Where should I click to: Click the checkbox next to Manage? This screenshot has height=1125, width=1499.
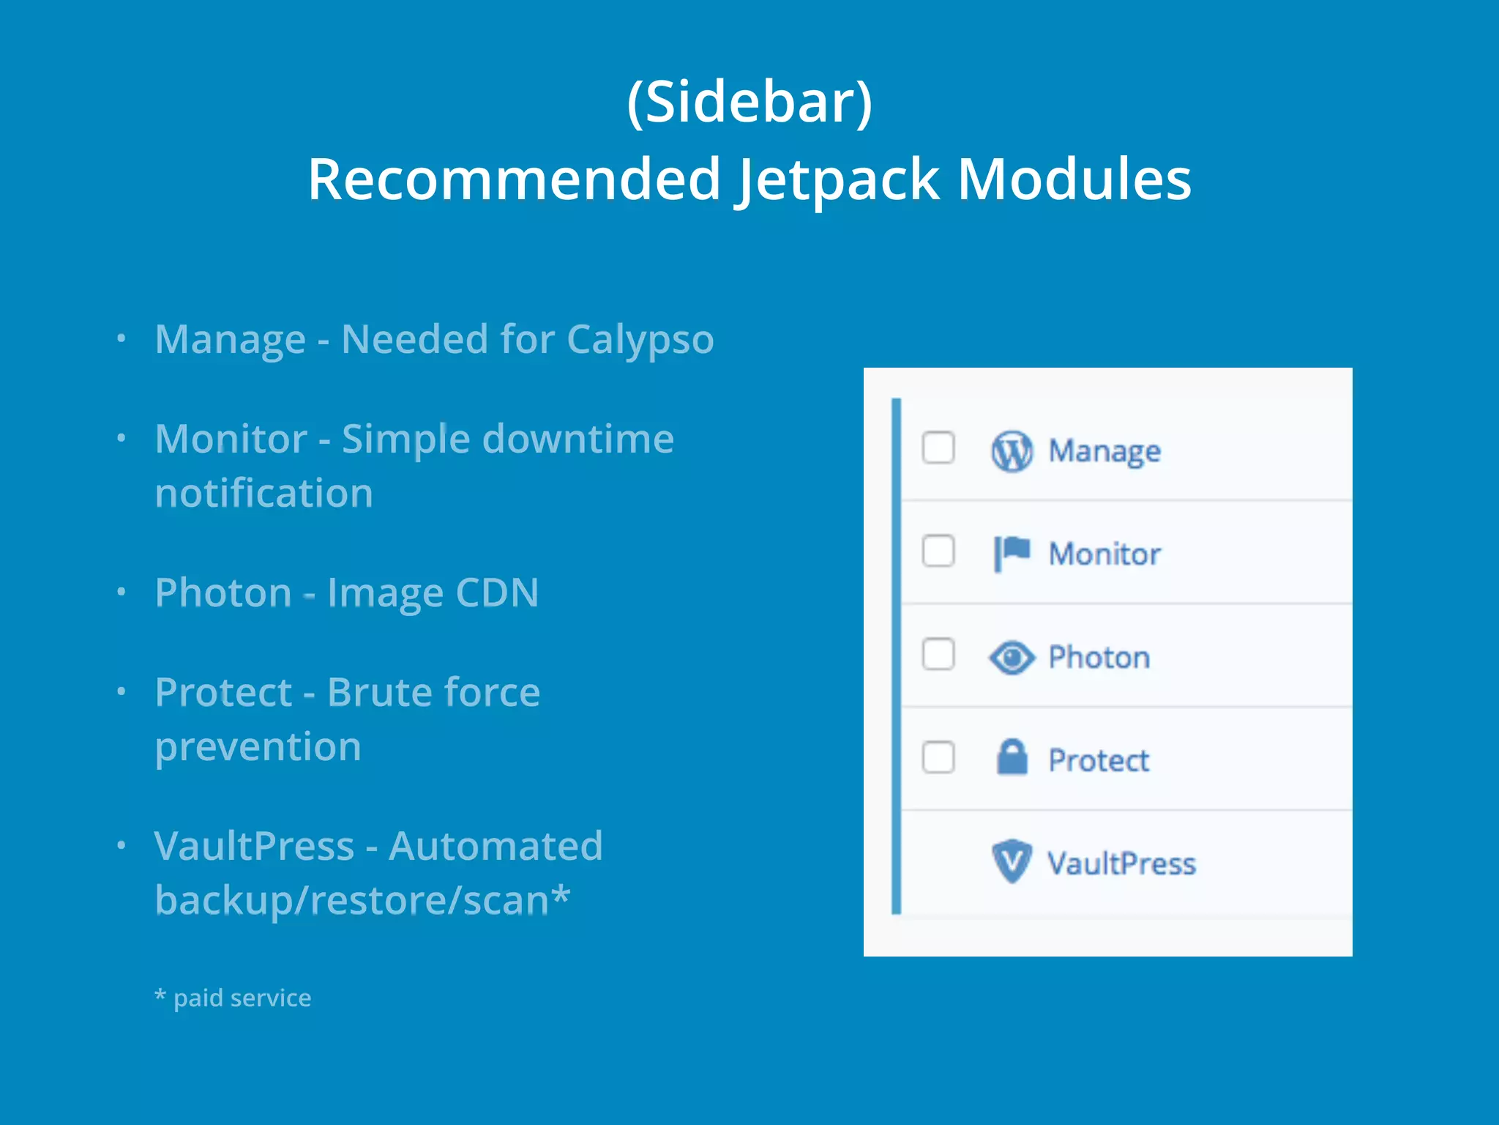938,448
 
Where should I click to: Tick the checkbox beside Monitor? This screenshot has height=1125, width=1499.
938,551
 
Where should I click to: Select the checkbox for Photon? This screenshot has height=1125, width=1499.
938,654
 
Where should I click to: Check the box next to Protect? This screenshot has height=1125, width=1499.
938,757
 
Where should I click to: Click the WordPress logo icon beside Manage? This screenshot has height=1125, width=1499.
1012,451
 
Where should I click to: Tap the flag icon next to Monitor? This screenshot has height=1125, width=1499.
1012,553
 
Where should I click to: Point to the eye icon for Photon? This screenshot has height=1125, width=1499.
1012,657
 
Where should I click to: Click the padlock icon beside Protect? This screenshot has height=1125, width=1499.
1012,758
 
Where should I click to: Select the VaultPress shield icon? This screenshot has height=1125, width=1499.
1012,861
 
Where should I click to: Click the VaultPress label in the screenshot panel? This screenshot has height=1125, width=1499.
1121,864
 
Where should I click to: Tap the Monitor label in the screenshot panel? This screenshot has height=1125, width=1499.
1104,554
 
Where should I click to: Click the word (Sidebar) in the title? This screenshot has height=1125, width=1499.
749,102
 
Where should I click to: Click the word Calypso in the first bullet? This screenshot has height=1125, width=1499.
640,340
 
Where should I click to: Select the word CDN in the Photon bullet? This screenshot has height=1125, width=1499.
497,593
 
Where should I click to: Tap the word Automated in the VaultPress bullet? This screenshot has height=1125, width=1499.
496,846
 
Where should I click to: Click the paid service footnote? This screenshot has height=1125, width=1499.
233,998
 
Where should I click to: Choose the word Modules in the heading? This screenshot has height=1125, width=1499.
1074,179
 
